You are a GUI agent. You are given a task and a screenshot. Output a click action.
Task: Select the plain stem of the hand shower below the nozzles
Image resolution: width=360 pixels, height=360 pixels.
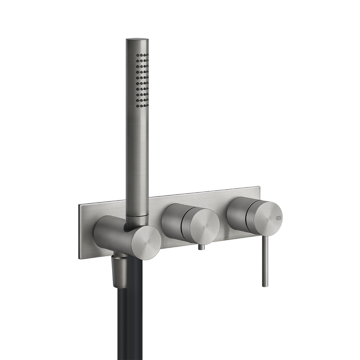point(136,161)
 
